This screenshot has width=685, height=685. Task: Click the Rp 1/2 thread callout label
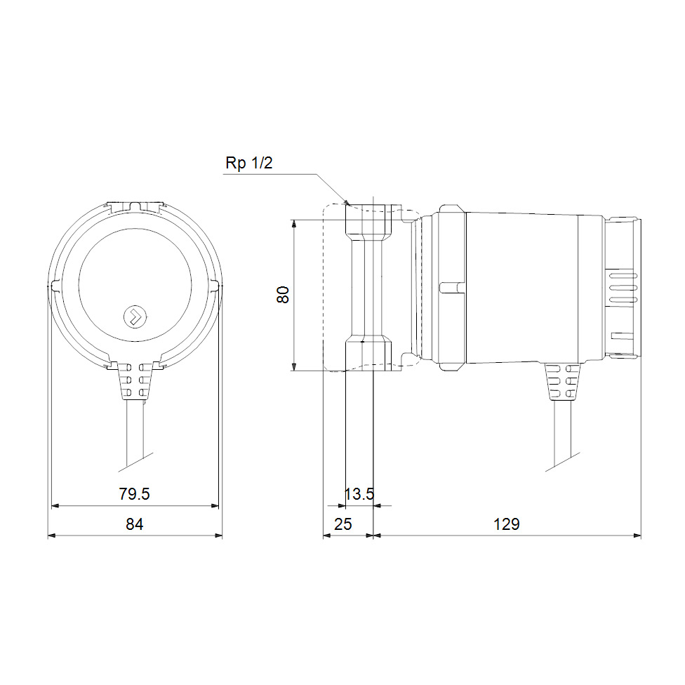coord(248,164)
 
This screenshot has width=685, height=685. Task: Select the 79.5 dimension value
coord(134,494)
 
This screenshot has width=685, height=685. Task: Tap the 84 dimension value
coord(134,524)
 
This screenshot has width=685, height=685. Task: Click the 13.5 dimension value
coord(359,494)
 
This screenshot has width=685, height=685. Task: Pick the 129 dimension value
coord(506,524)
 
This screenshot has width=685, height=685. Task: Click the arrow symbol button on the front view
coord(133,317)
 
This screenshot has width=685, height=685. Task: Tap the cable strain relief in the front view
coord(134,380)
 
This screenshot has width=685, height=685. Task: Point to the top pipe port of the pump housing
coord(366,219)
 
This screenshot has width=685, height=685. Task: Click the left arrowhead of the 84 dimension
coord(51,536)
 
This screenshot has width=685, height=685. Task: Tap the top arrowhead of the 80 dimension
coord(294,223)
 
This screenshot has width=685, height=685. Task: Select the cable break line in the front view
coord(136,461)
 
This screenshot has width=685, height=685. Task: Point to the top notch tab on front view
coord(134,206)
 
